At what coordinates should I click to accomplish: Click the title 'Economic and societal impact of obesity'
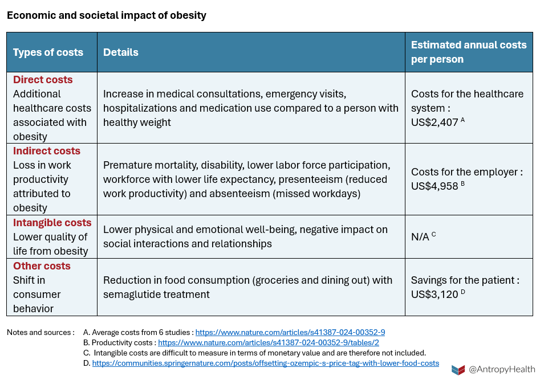(107, 15)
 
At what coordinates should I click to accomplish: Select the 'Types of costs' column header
(48, 52)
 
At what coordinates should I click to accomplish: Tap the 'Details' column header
(121, 52)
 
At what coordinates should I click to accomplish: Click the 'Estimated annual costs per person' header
(469, 52)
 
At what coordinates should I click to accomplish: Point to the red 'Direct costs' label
(43, 80)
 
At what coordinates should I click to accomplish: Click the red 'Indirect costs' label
(47, 151)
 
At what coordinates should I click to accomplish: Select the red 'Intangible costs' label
(52, 223)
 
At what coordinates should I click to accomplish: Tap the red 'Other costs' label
(42, 266)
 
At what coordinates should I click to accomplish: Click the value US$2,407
(435, 122)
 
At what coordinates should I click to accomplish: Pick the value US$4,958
(435, 186)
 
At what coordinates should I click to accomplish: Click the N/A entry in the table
(420, 237)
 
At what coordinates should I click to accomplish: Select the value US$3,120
(435, 294)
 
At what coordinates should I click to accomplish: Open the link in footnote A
(290, 332)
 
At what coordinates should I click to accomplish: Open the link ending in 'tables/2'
(268, 342)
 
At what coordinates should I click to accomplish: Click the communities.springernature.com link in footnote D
(266, 363)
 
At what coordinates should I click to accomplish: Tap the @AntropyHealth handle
(501, 370)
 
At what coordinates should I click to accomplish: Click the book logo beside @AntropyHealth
(458, 370)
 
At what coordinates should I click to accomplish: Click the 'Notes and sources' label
(40, 332)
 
